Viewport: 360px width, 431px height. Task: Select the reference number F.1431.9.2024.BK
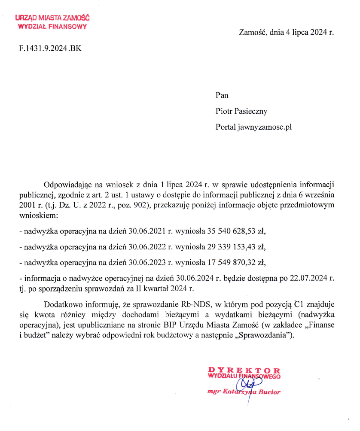tap(50, 48)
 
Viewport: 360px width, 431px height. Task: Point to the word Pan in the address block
tap(222, 96)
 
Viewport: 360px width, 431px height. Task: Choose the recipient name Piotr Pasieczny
tap(241, 112)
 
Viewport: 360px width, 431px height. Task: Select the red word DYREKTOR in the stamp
tap(244, 370)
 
